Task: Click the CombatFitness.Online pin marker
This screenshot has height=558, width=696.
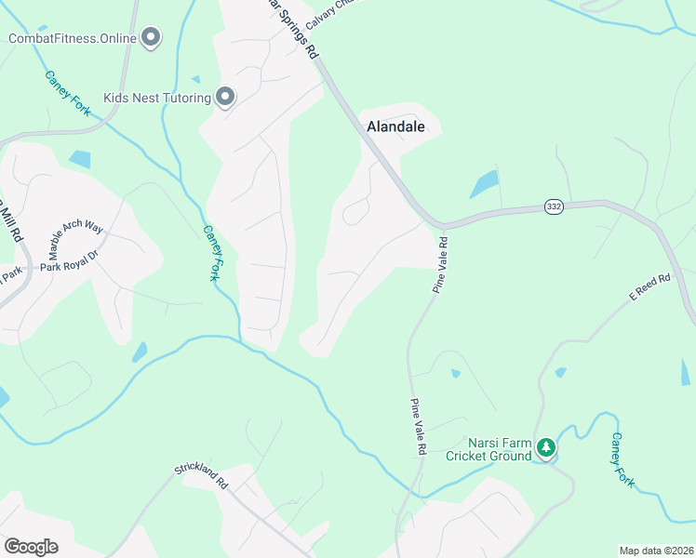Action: pos(151,38)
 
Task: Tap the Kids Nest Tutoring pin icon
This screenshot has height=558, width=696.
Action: pos(224,97)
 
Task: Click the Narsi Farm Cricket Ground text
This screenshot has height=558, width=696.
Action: pos(489,449)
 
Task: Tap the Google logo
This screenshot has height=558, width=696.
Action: pos(31,547)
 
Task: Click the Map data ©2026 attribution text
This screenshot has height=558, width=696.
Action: pos(655,551)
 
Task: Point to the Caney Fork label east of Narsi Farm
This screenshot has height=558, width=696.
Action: pos(622,460)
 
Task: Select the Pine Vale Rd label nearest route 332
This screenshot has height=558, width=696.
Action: pos(440,265)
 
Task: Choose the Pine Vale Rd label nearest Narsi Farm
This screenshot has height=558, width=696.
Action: pos(417,427)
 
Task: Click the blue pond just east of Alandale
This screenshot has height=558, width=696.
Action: pos(484,184)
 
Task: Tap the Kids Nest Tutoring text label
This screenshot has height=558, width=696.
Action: pos(158,97)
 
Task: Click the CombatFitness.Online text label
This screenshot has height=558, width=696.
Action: pos(73,38)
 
